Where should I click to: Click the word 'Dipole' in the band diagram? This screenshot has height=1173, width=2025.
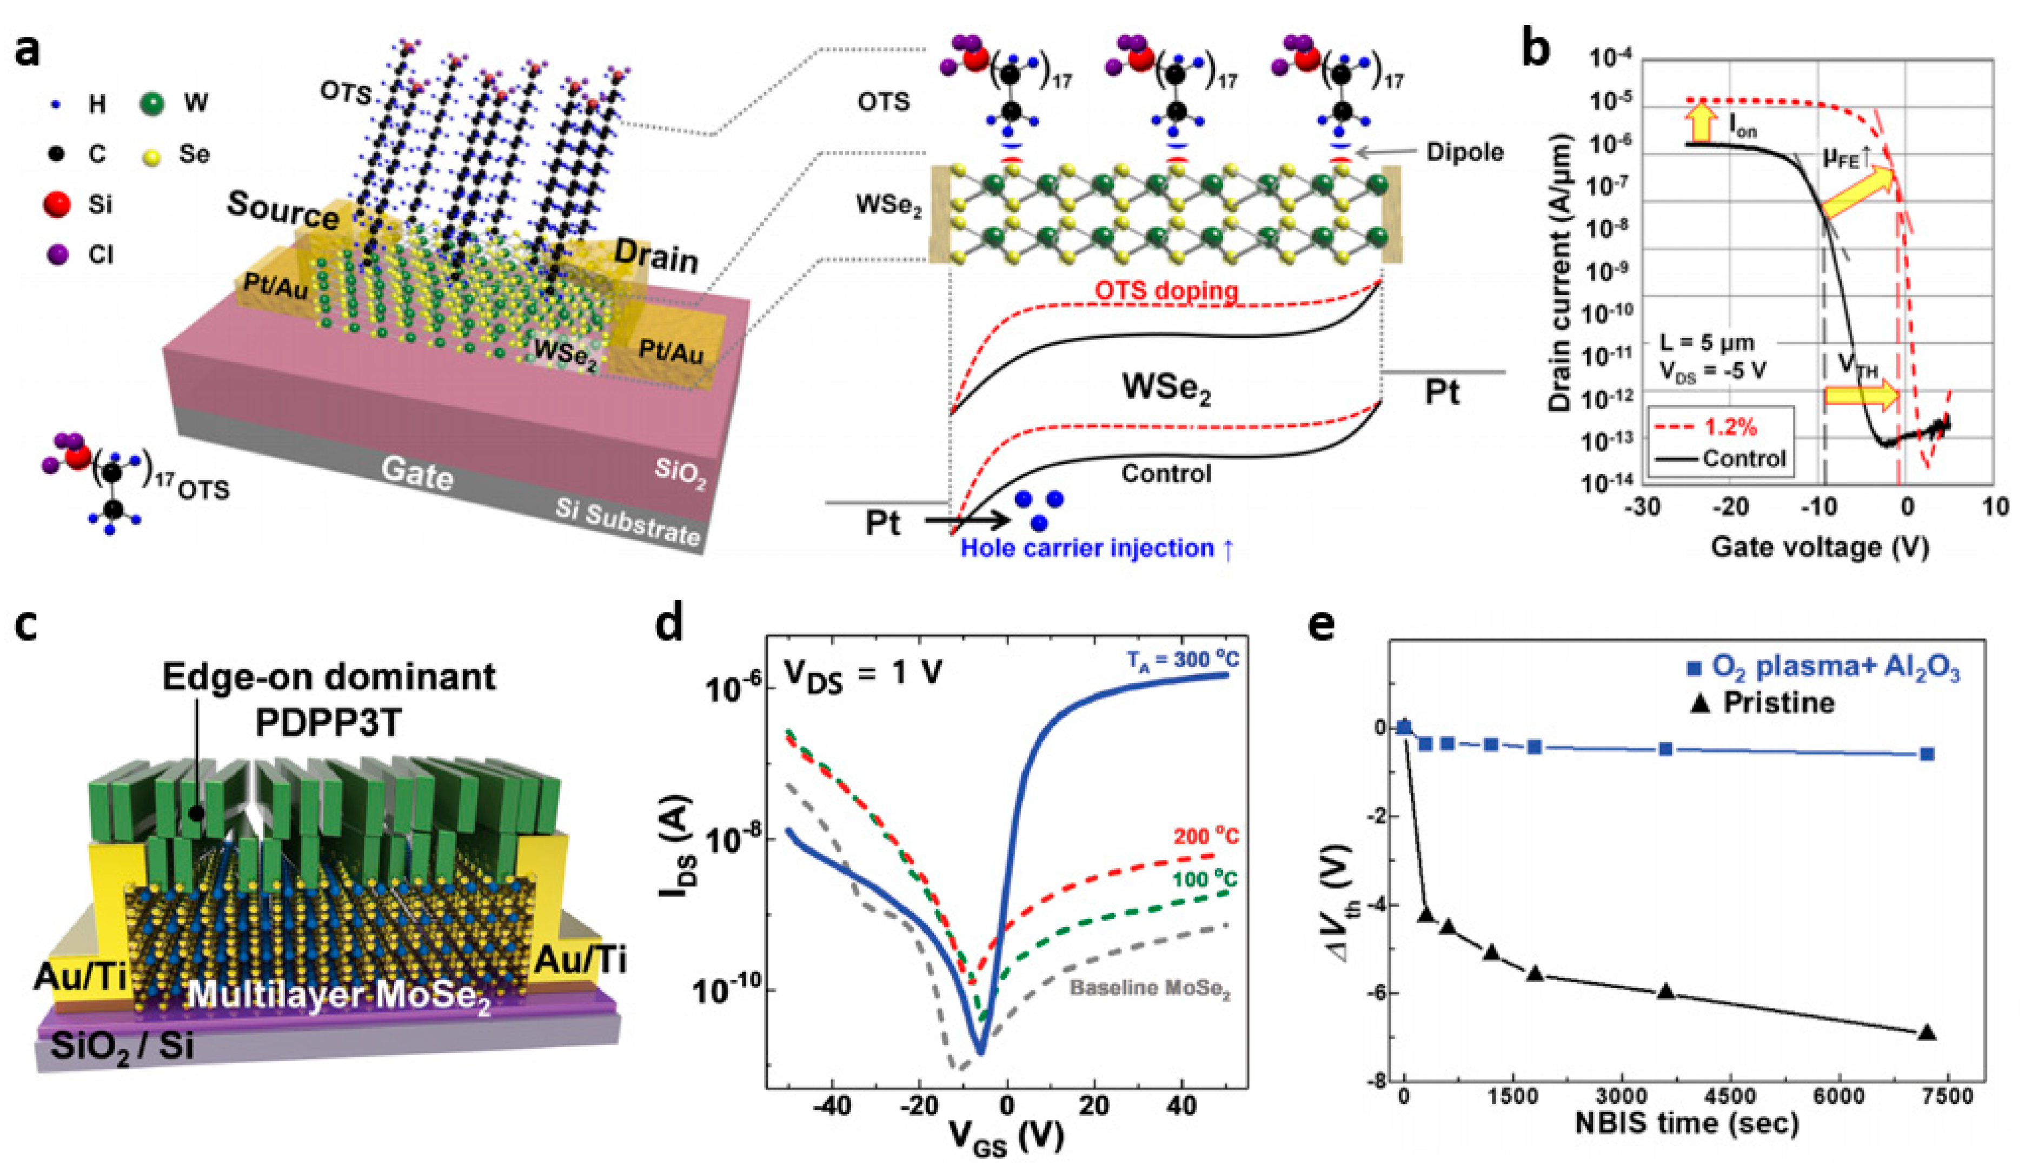1464,152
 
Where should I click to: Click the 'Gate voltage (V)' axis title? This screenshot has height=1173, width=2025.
1820,548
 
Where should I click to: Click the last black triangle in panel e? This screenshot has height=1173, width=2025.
1926,1032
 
